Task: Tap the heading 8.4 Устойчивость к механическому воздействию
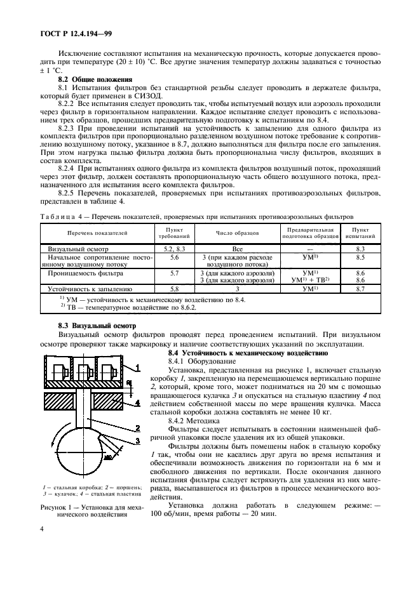pos(248,352)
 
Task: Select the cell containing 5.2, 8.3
pos(168,249)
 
